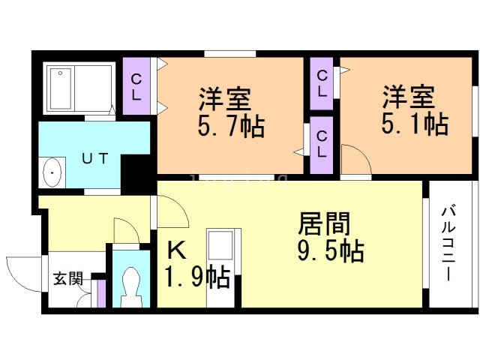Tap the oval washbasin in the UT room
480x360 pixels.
tap(52, 172)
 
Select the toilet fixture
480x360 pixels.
tap(131, 287)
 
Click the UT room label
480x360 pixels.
tap(95, 158)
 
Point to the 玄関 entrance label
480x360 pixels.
tap(68, 278)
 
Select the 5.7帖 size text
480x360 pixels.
tap(231, 127)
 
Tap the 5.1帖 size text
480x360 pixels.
tap(415, 124)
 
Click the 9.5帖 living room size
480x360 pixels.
tap(331, 251)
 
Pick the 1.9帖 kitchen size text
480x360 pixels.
tap(197, 277)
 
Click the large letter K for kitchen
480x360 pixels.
tap(177, 250)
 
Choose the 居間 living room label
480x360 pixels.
tap(324, 223)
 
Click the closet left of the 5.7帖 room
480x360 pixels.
tap(136, 86)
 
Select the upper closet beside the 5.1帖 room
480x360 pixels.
tap(322, 83)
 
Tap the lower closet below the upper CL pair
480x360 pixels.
tap(322, 145)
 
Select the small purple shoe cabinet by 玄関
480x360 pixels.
tap(101, 293)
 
